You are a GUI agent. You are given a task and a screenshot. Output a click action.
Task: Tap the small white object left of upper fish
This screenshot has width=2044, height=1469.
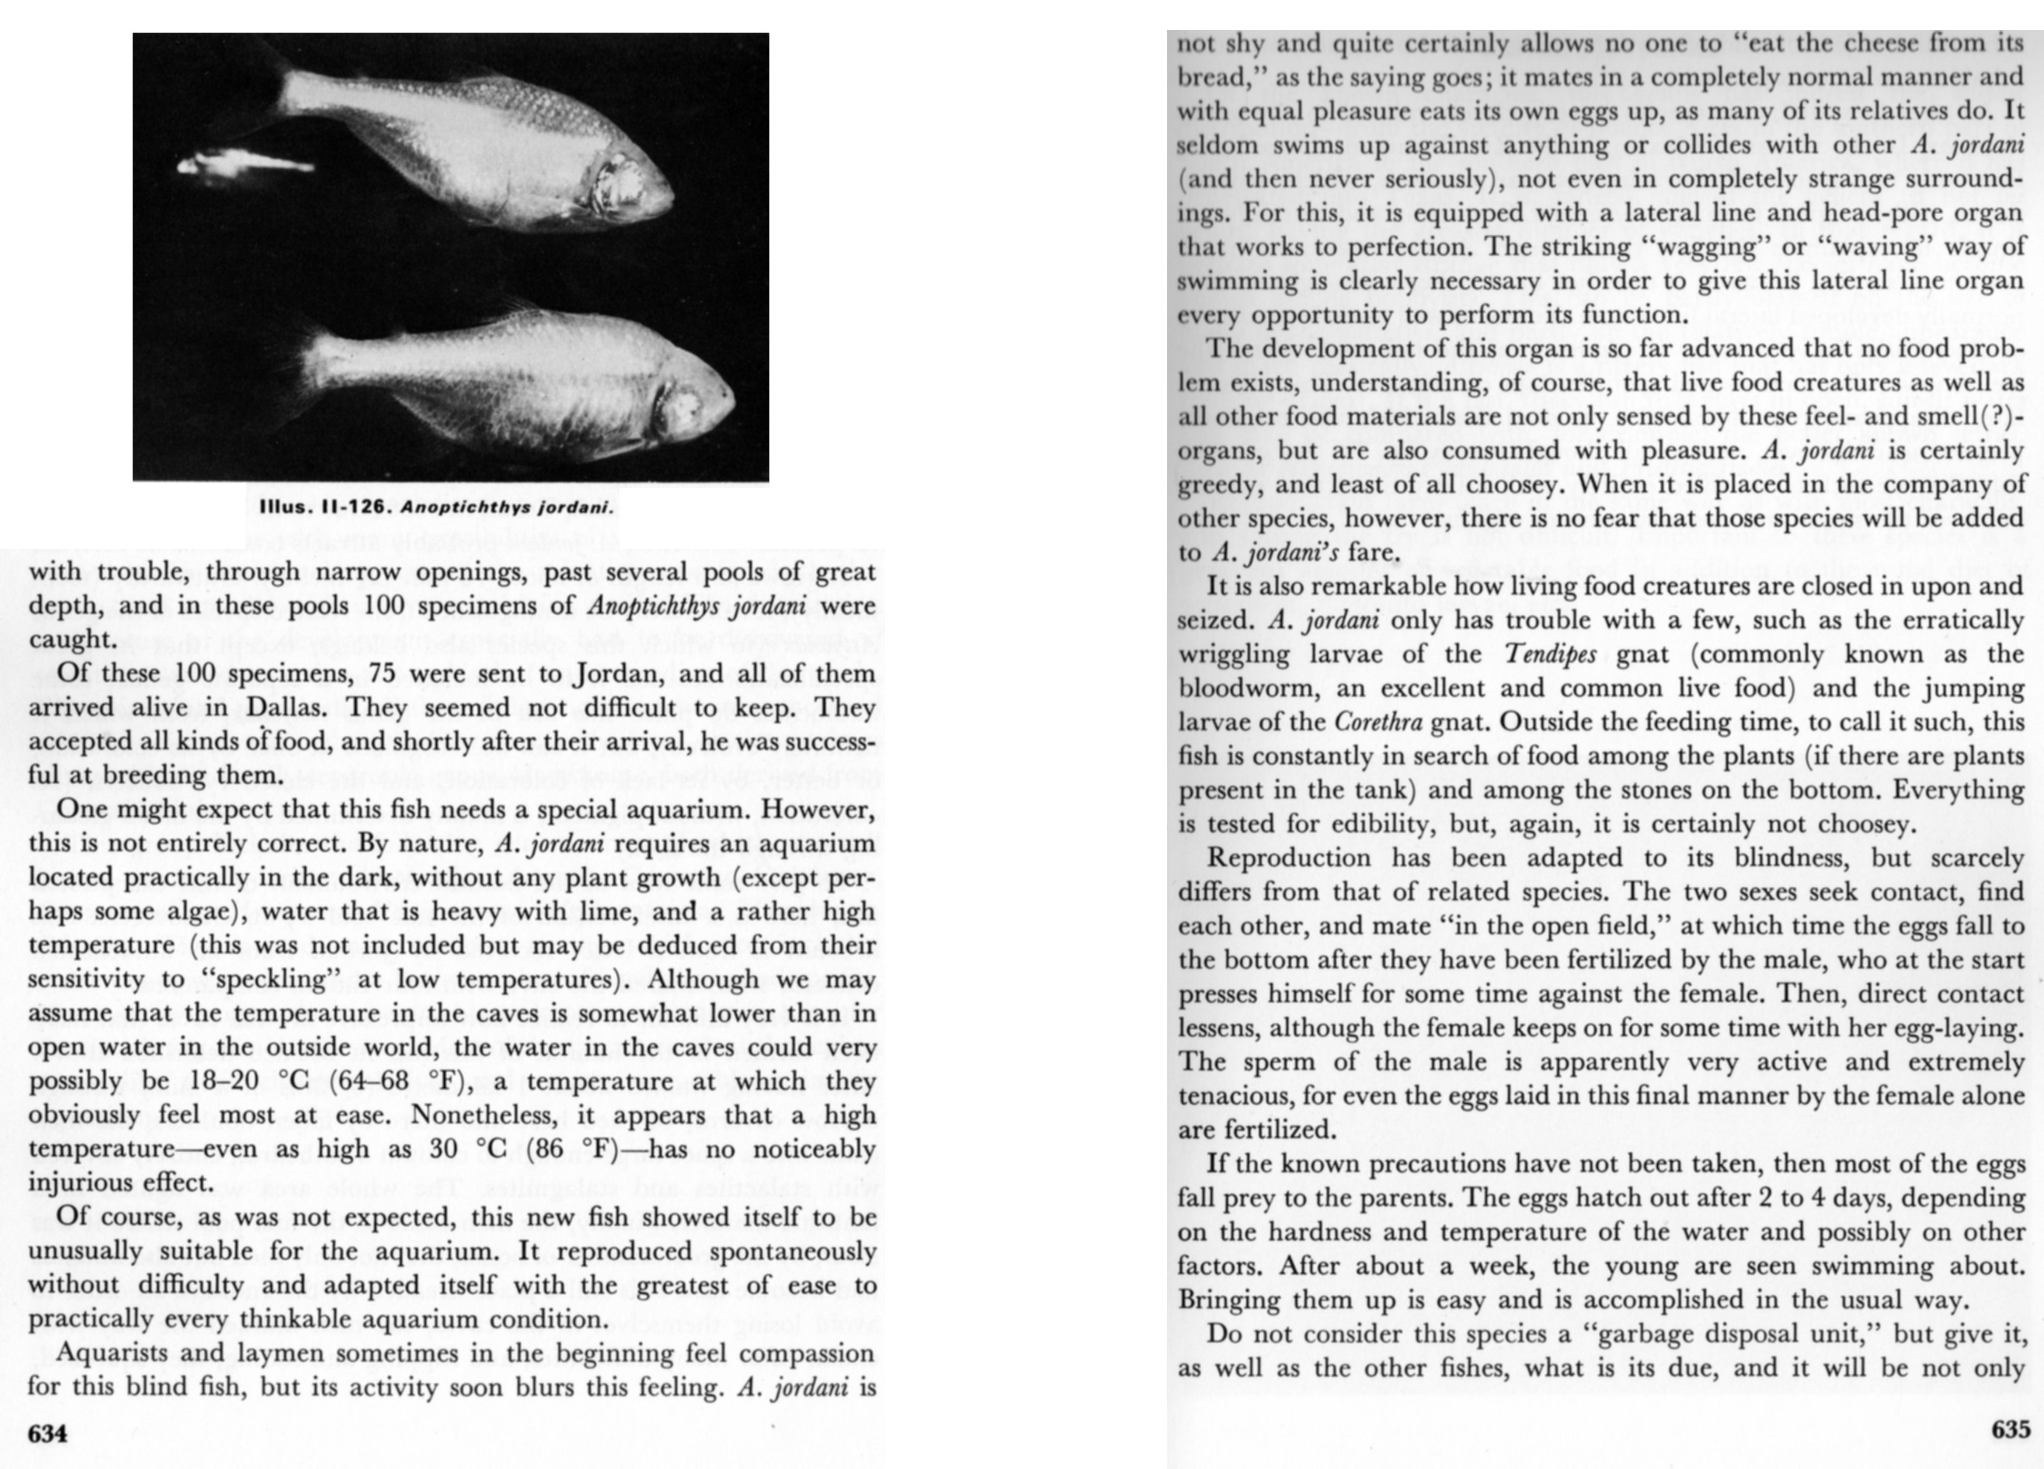point(243,164)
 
